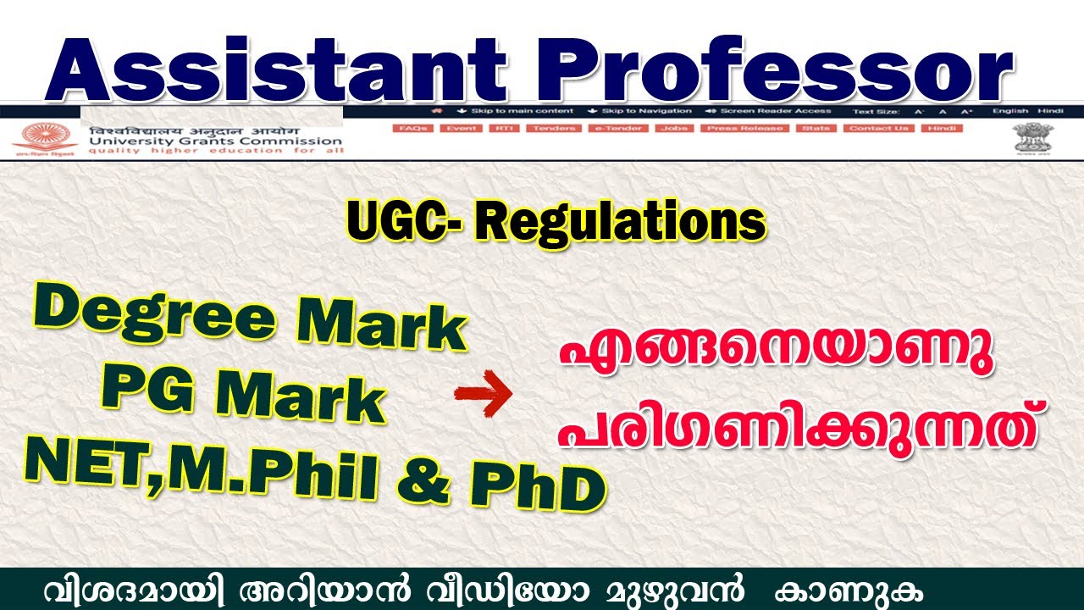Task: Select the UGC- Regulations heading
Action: (x=556, y=223)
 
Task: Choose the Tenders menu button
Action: (x=553, y=128)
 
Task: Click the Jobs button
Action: (x=673, y=128)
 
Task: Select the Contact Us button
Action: (x=879, y=128)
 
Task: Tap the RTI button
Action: (x=506, y=128)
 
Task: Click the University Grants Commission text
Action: (x=213, y=141)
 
